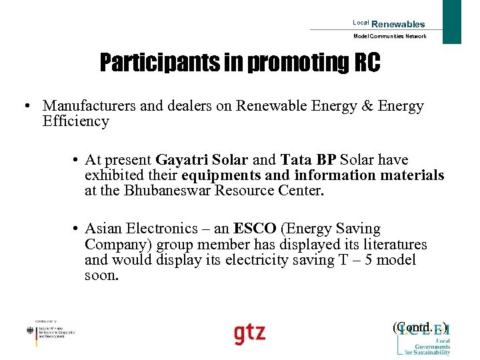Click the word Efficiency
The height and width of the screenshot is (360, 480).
75,121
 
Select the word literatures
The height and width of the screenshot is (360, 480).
392,244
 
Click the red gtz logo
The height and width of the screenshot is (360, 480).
249,333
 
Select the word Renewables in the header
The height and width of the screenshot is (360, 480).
398,24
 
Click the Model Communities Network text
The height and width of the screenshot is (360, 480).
389,36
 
